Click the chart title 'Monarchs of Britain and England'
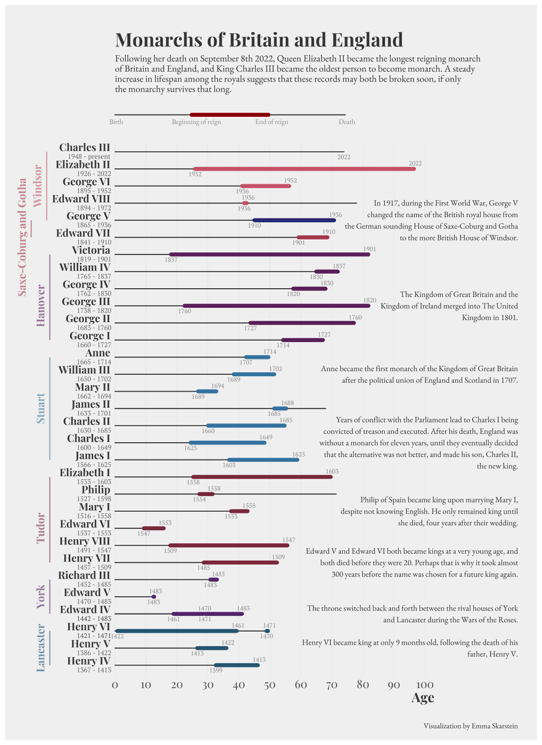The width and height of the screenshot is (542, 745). click(x=259, y=40)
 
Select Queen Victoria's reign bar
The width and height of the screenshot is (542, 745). click(x=269, y=255)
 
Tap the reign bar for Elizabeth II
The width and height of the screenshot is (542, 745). click(x=304, y=169)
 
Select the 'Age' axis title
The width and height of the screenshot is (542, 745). click(x=423, y=698)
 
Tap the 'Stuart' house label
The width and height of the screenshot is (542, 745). click(x=41, y=408)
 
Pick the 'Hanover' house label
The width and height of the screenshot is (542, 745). click(x=41, y=305)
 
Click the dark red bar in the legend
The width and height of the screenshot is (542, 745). click(x=230, y=115)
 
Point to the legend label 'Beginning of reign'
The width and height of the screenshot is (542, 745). click(x=196, y=122)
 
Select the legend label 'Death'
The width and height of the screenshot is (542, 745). click(x=346, y=122)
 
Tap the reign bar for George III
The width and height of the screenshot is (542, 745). click(x=276, y=305)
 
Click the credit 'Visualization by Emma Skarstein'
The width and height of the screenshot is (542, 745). click(x=471, y=726)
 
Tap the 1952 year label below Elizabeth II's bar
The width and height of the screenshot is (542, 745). click(x=195, y=174)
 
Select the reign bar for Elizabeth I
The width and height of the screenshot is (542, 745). click(x=261, y=477)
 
